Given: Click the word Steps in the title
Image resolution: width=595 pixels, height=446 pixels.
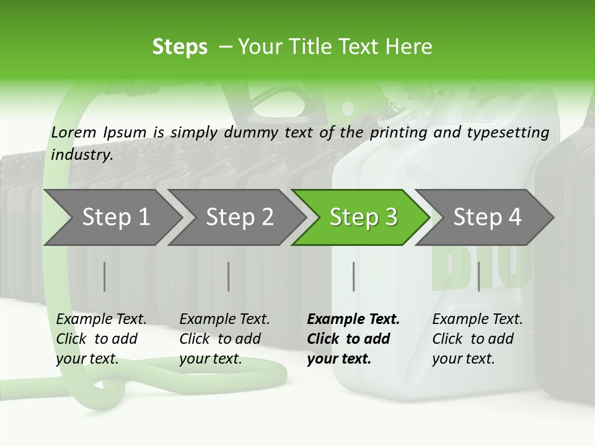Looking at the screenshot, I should click(x=180, y=47).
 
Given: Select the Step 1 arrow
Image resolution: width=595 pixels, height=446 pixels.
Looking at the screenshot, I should click(x=112, y=217).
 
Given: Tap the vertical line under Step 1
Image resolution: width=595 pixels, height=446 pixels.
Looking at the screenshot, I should click(x=105, y=276).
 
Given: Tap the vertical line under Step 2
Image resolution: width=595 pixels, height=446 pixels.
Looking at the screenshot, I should click(x=229, y=276).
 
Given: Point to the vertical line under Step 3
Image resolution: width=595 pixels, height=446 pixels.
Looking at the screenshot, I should click(x=353, y=276).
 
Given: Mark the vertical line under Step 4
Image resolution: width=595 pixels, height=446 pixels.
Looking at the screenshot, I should click(x=478, y=276).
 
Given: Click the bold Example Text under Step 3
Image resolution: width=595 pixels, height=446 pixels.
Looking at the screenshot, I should click(x=353, y=320).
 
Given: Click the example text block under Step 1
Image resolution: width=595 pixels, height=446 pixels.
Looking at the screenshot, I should click(x=101, y=339).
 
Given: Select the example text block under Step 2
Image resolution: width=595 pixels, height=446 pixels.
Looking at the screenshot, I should click(x=224, y=339).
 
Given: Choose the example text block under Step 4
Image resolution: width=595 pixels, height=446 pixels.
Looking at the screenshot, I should click(x=477, y=339).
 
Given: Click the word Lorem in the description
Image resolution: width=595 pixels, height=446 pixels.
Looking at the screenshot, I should click(x=74, y=133).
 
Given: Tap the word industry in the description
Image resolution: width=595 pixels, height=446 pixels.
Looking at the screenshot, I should click(x=81, y=155).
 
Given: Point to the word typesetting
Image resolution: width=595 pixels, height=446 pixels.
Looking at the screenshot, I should click(x=507, y=133).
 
